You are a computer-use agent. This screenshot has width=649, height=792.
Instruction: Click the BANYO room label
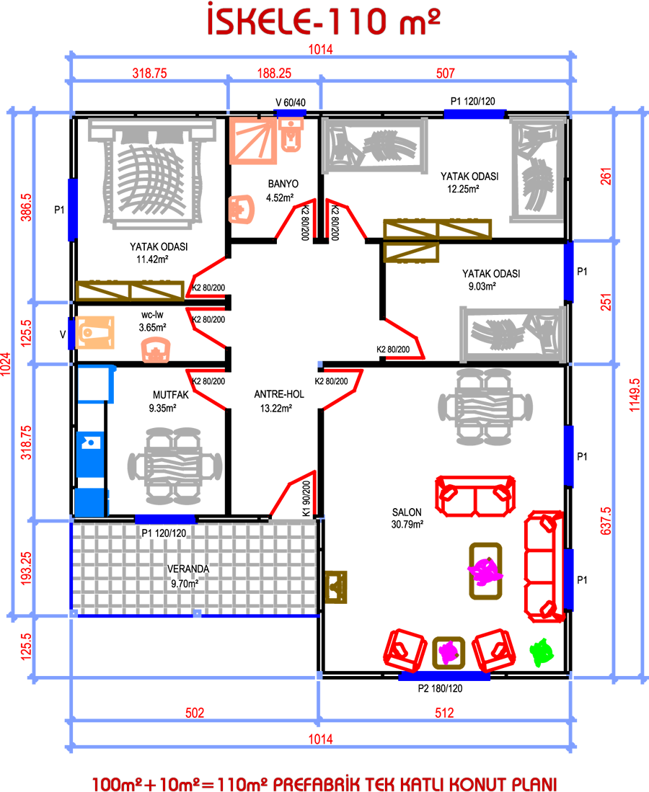tap(283, 184)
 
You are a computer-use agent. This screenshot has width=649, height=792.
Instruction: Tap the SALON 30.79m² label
tap(407, 518)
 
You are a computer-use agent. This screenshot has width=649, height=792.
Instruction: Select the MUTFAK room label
tap(171, 395)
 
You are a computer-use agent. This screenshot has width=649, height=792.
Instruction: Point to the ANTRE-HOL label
tap(279, 394)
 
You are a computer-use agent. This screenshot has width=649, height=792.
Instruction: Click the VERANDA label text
tap(188, 569)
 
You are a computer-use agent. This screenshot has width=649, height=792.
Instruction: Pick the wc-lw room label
tap(152, 315)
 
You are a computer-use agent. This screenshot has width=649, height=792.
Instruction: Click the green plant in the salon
tap(542, 652)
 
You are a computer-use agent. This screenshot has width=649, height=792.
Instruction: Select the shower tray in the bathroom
tap(253, 141)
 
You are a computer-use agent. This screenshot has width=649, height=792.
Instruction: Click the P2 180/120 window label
tap(440, 688)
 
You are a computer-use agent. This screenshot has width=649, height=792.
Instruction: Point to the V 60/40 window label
tap(290, 102)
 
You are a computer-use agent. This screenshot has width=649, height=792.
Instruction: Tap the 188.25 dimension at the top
tap(274, 74)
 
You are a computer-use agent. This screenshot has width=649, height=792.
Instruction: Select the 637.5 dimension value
tap(606, 521)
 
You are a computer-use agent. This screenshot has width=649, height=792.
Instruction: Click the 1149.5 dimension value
tap(635, 395)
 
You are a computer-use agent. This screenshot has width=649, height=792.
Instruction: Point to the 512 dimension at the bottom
tap(444, 713)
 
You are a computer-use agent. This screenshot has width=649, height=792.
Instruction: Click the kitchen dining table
tap(175, 466)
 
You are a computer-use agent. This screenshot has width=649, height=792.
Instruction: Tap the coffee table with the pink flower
tap(485, 571)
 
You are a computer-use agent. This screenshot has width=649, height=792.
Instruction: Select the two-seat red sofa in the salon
tap(475, 496)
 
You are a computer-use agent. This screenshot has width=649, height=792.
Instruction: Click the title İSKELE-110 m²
tap(324, 21)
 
